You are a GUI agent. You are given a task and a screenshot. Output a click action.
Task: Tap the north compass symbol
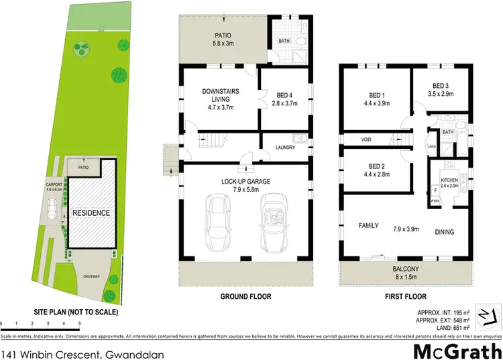tap(488, 313)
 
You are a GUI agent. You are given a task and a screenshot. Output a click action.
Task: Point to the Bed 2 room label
tap(375, 170)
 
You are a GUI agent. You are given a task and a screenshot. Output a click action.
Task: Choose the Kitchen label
tap(448, 181)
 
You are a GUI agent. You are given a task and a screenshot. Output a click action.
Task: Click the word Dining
tap(444, 232)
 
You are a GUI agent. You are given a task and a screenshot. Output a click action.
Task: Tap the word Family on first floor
tap(369, 226)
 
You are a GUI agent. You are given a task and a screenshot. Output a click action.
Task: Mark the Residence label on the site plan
tap(92, 213)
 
